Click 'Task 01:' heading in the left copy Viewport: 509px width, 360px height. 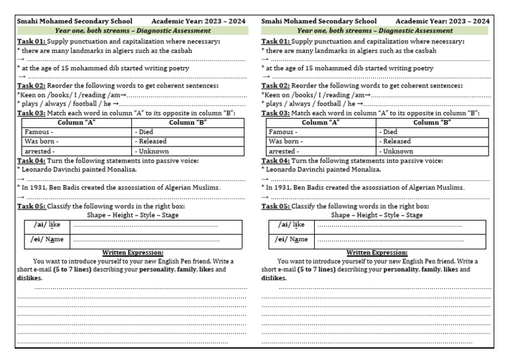coord(30,41)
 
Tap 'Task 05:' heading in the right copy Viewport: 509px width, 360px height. coord(275,206)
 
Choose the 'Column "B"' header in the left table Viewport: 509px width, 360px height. coord(189,123)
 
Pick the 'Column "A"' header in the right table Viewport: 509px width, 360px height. coord(321,123)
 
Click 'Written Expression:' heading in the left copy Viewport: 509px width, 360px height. coord(133,253)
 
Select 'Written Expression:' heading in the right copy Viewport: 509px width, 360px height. coord(377,253)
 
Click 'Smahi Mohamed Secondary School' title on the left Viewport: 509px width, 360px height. coord(74,21)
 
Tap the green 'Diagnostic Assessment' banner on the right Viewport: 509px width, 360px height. coord(375,30)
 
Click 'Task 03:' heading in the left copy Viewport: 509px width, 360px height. coord(30,113)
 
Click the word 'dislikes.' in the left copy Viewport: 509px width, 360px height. coord(30,278)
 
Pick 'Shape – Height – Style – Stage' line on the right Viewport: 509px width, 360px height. coord(376,215)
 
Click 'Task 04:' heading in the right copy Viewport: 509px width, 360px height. coord(275,160)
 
